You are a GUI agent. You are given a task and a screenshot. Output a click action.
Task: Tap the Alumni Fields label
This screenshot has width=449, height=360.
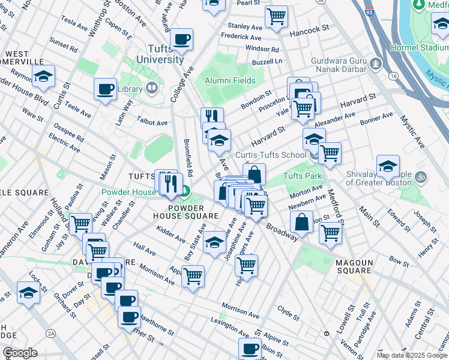(x=230, y=80)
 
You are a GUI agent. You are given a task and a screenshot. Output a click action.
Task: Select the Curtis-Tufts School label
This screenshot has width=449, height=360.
(x=270, y=155)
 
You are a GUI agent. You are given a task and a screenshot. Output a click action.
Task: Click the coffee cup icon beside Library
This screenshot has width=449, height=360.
(x=105, y=89)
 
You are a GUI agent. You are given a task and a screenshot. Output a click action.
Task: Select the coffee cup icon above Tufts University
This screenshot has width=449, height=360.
(x=181, y=40)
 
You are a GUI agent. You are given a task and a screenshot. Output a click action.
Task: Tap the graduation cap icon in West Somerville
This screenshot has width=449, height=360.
(x=43, y=76)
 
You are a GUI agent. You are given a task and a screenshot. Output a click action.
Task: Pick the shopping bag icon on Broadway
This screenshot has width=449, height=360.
(x=301, y=221)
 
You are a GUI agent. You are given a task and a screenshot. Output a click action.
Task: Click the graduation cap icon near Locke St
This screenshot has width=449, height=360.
(x=28, y=293)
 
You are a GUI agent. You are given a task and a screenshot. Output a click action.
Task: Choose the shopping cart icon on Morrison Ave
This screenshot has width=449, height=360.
(x=193, y=277)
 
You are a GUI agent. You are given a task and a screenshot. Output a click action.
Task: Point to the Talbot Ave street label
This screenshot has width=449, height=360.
(x=153, y=122)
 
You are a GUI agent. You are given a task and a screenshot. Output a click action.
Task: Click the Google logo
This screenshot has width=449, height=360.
(x=20, y=353)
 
